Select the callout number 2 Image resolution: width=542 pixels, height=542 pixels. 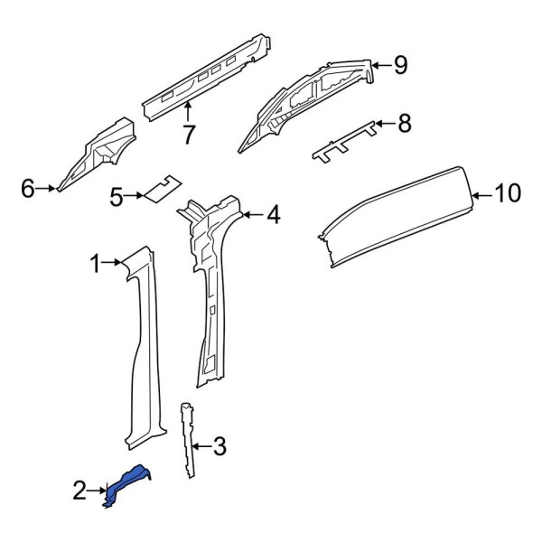point(80,491)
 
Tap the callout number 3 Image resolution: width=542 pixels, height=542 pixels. point(220,445)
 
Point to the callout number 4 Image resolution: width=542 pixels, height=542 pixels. point(273,215)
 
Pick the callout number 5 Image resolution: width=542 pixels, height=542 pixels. point(116,195)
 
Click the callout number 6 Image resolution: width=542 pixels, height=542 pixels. point(27,189)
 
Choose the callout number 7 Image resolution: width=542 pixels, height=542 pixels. point(188,135)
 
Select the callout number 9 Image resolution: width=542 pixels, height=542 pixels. point(400,64)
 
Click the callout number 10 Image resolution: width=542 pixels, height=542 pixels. point(509,192)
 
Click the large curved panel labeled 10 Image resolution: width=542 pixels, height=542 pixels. point(397,212)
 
